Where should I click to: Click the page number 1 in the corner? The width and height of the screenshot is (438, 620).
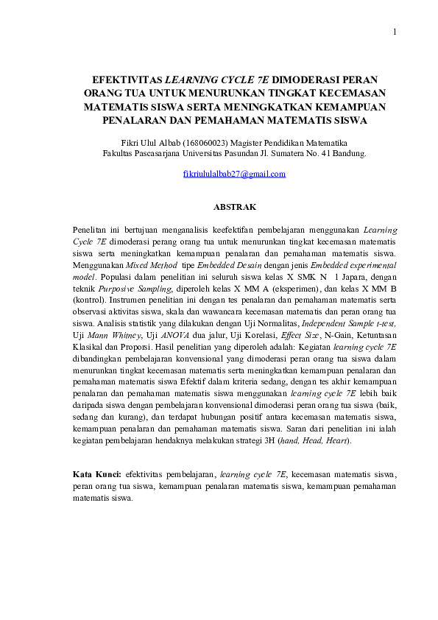coord(395,32)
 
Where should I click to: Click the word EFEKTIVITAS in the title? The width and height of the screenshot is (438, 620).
coord(124,80)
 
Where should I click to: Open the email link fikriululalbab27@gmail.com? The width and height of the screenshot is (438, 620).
coord(233,174)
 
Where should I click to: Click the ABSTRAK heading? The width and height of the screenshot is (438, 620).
coord(233,209)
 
